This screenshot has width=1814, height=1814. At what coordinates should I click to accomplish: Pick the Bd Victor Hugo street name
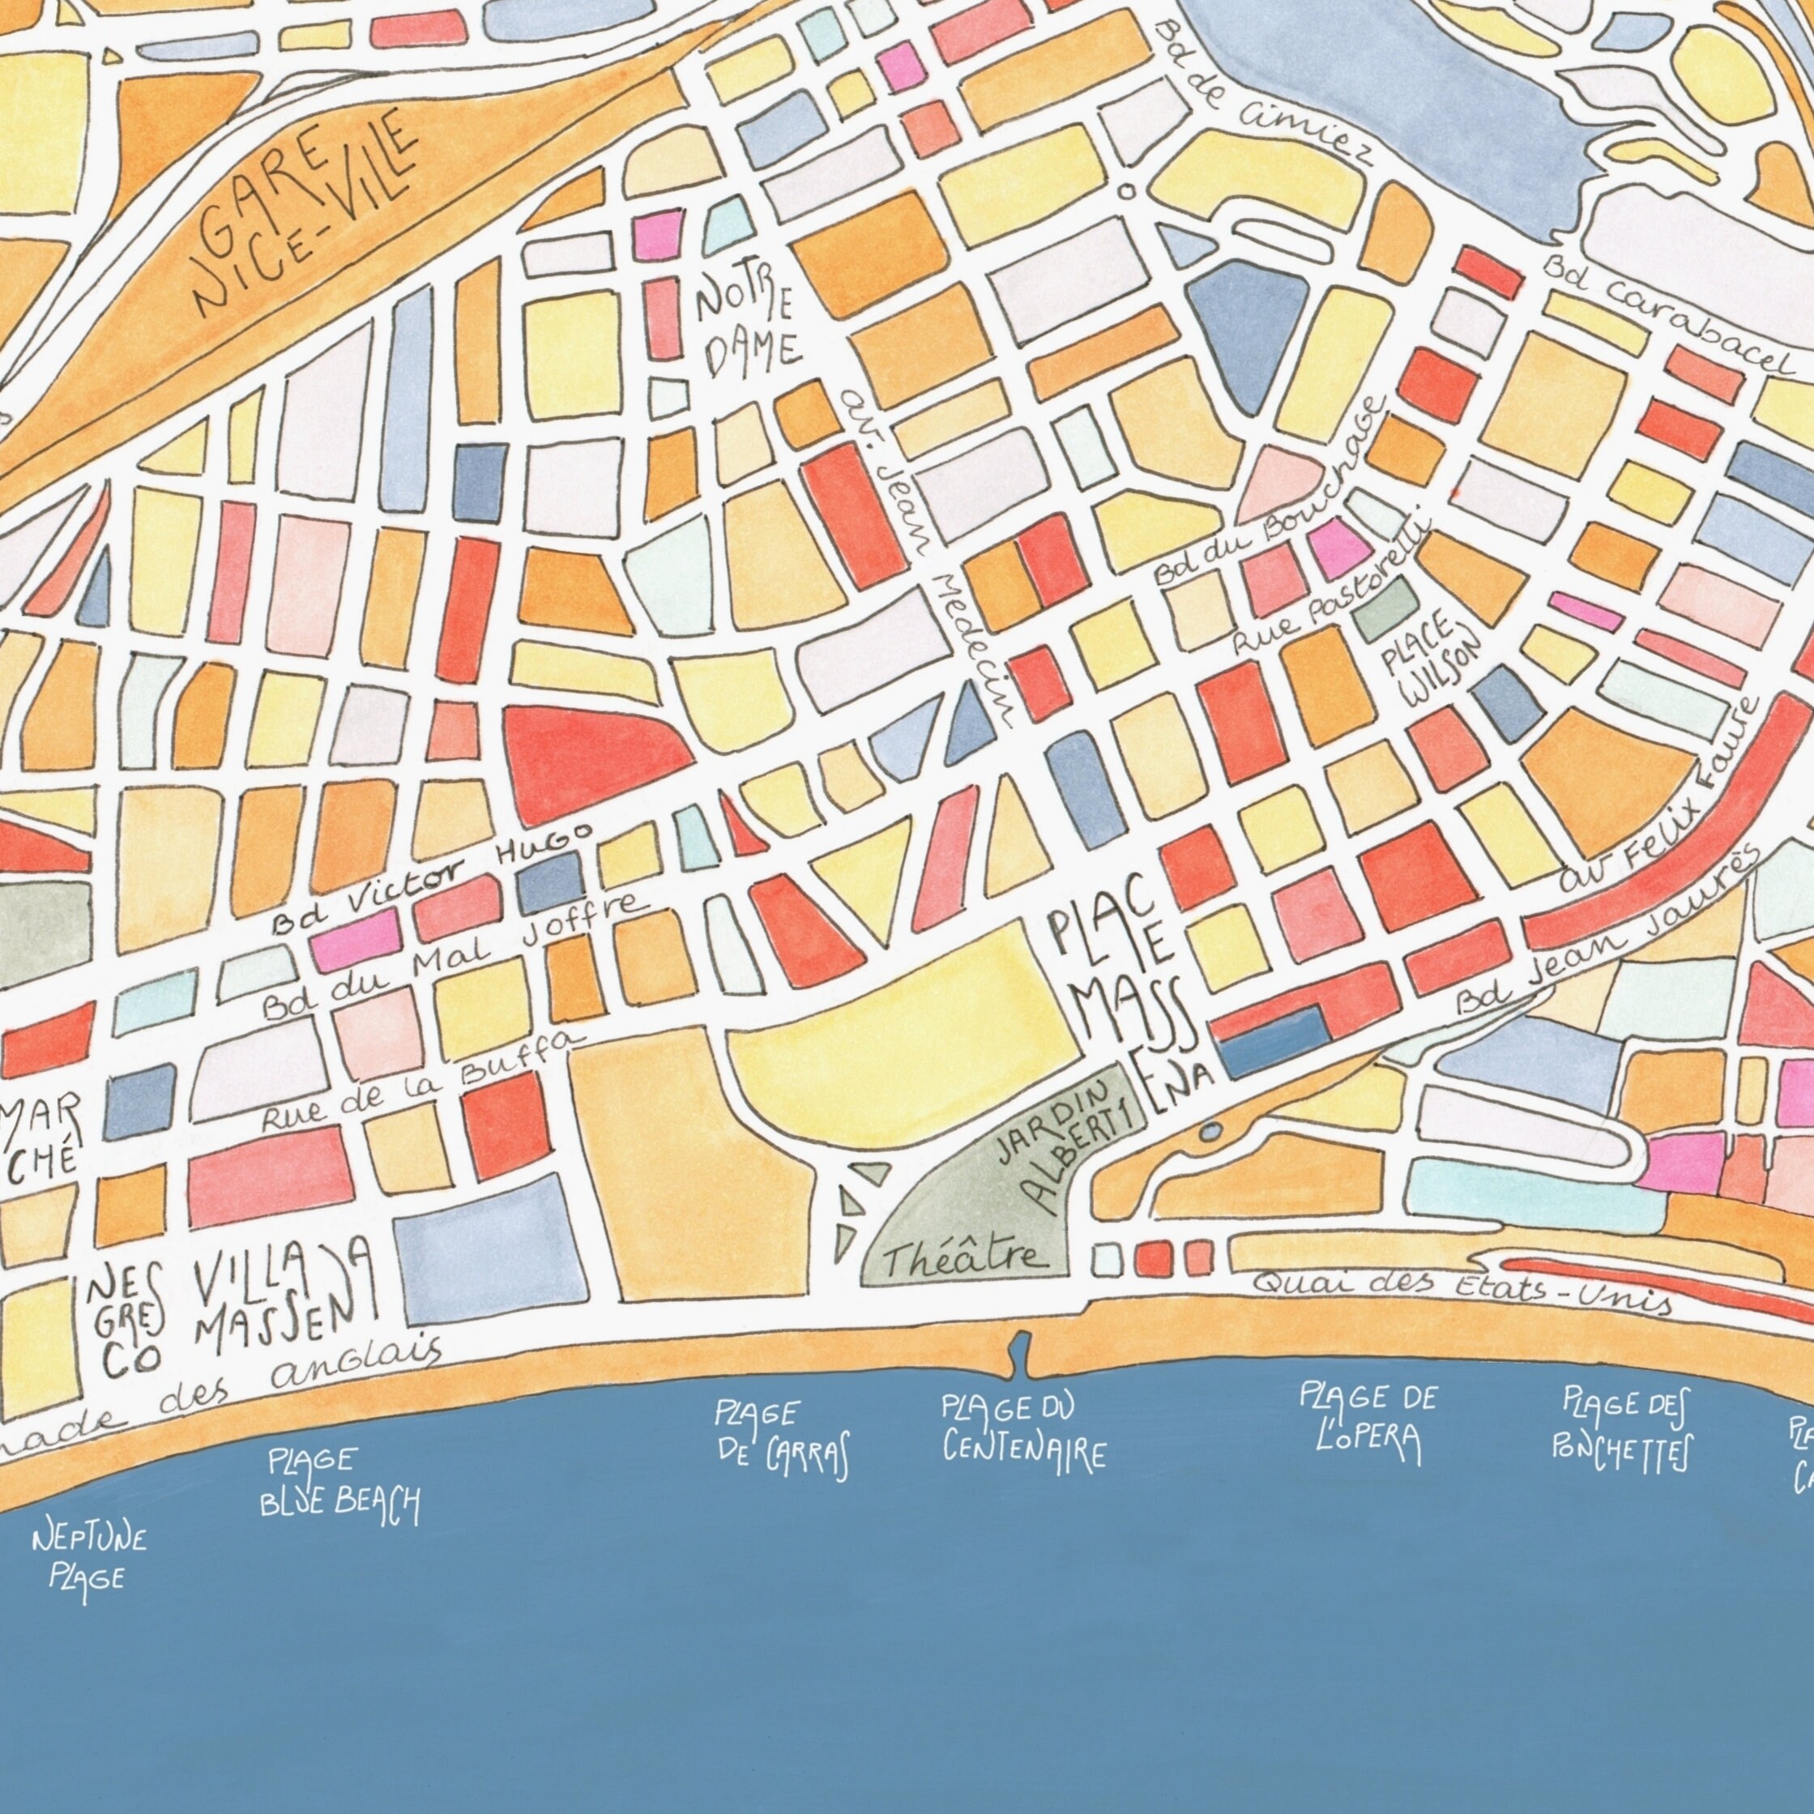click(432, 878)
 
